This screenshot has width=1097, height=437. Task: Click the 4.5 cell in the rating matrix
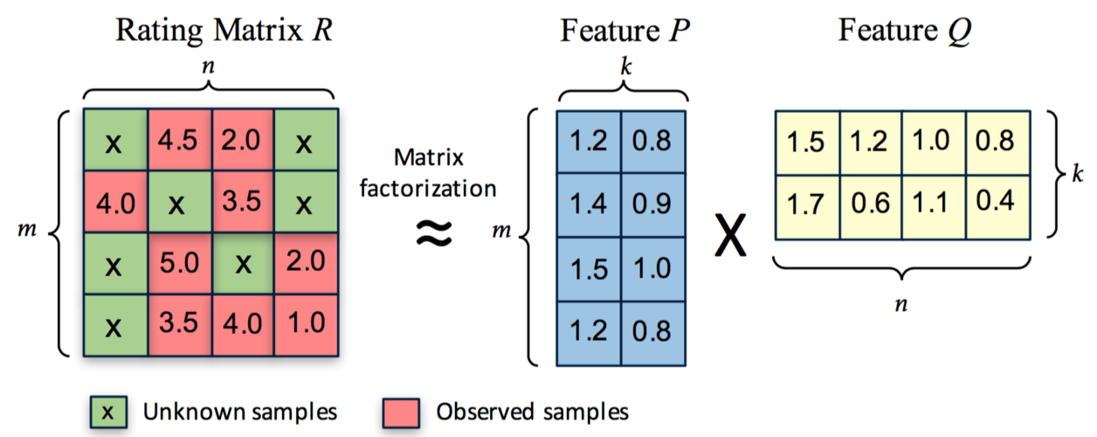(x=178, y=141)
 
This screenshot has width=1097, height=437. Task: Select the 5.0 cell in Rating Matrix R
(x=178, y=263)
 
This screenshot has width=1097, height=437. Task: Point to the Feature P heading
(x=621, y=31)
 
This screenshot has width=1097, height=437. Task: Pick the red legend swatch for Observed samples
(x=402, y=411)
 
